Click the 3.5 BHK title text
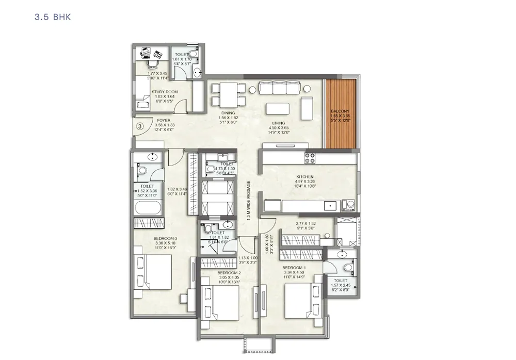53,17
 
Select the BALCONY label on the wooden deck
340,111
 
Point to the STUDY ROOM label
164,92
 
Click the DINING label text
228,113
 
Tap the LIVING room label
279,123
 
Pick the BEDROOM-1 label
294,268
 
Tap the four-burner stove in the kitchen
310,158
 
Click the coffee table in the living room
278,109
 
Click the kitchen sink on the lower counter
329,206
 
